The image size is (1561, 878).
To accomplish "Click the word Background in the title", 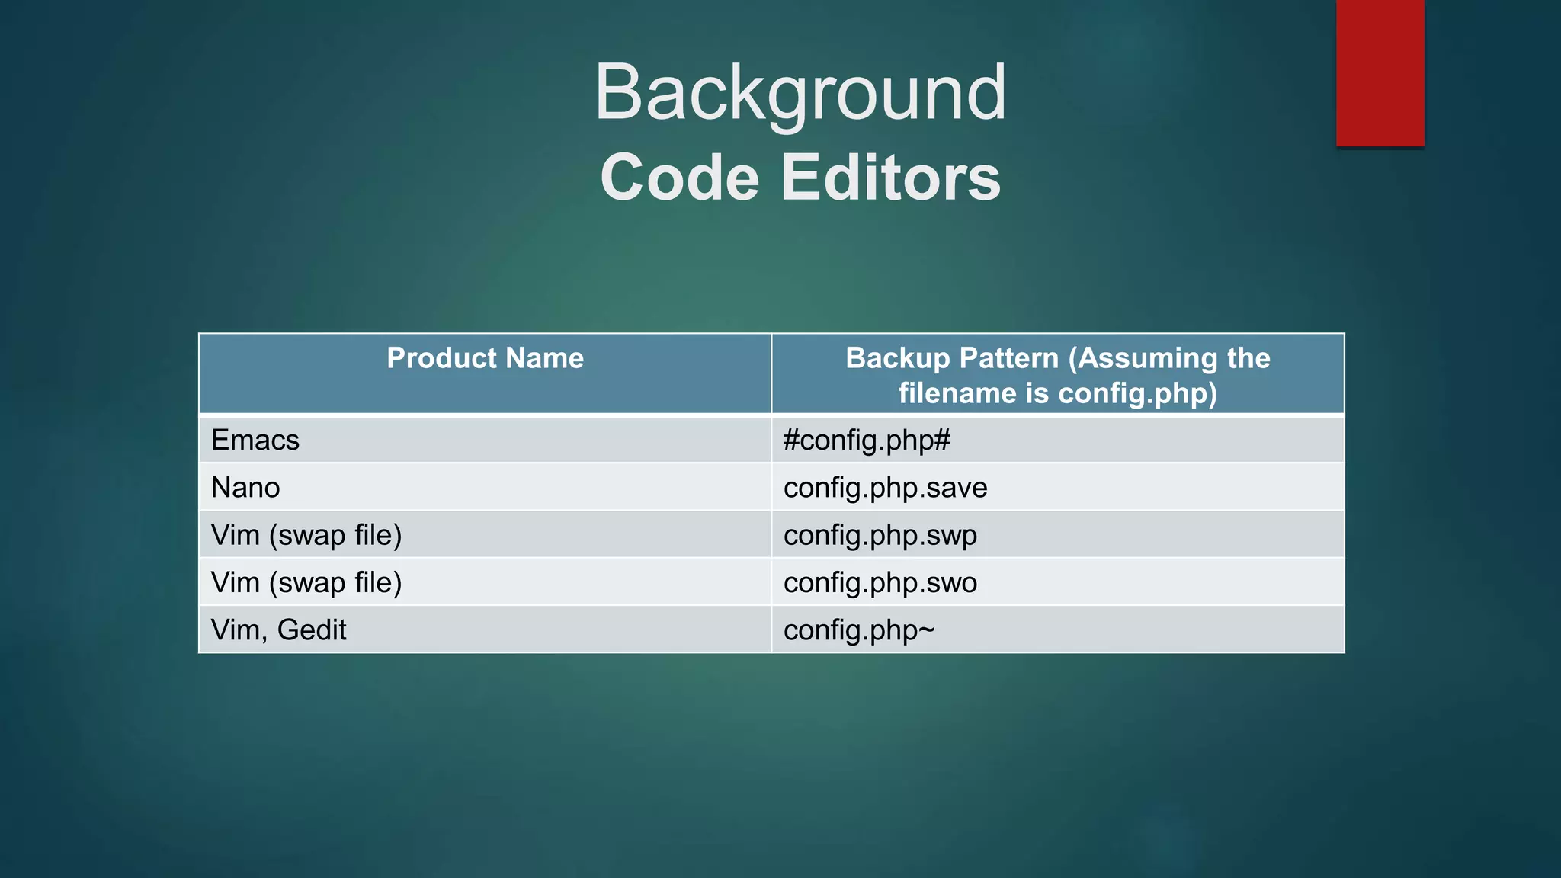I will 800,93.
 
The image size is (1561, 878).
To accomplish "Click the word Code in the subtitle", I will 679,178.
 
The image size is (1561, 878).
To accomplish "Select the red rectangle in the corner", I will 1380,72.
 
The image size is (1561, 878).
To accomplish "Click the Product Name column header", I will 485,358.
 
